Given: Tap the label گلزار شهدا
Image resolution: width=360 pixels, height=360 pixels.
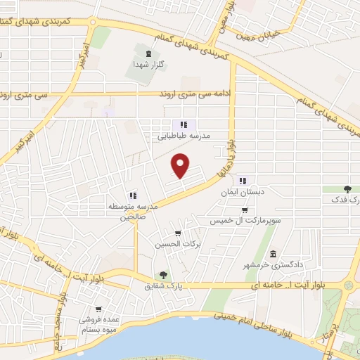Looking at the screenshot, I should click(148, 64).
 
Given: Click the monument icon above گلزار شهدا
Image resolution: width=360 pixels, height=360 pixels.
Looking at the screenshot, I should click(148, 52).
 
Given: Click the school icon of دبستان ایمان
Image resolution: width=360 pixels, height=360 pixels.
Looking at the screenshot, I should click(243, 181).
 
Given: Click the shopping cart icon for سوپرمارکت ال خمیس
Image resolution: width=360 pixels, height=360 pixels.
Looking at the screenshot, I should click(244, 210).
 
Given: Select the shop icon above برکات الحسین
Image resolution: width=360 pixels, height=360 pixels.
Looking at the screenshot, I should click(178, 233).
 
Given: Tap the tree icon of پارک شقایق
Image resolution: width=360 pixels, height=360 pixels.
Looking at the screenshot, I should click(163, 276).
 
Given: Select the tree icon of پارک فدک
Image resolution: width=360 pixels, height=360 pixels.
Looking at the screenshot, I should click(347, 189).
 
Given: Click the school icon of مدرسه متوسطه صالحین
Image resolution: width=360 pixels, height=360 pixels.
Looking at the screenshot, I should click(131, 195).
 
